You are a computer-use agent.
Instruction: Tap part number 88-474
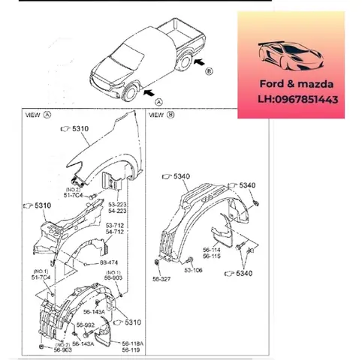coord(110,263)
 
